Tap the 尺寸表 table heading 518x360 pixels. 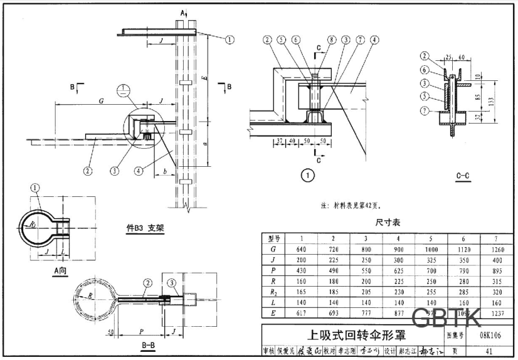(x=387, y=222)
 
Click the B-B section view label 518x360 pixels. (x=148, y=346)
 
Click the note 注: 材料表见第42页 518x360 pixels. (x=350, y=204)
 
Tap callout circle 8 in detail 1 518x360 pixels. (x=331, y=39)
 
